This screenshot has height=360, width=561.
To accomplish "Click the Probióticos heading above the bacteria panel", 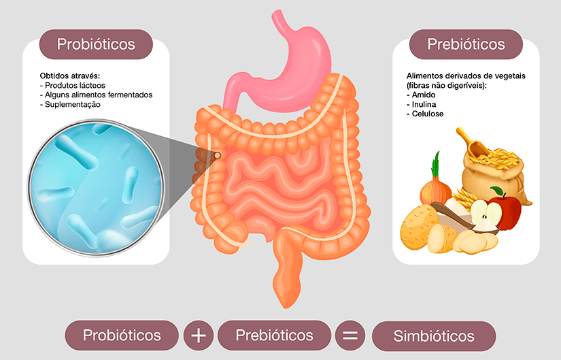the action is pos(96,44).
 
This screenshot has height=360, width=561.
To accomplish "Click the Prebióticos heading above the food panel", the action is pos(466,44).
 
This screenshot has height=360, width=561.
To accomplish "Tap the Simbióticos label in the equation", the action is pos(434,336).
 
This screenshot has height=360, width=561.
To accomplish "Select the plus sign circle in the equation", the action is pos(199,336).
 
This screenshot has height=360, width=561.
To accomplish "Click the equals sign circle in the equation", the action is pos(350,336).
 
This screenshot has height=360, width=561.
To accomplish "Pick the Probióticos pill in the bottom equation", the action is pos(122,336).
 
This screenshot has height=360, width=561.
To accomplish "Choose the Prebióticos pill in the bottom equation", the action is pos(274,336).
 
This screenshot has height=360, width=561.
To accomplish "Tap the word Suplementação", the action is pos(73,105).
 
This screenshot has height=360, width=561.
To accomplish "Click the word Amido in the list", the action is pos(424,95).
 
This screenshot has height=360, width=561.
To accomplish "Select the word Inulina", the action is pos(426,105).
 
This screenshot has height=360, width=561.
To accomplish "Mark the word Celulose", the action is pos(428,114).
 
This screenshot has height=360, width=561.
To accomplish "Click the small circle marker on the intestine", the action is pos(218,156).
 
